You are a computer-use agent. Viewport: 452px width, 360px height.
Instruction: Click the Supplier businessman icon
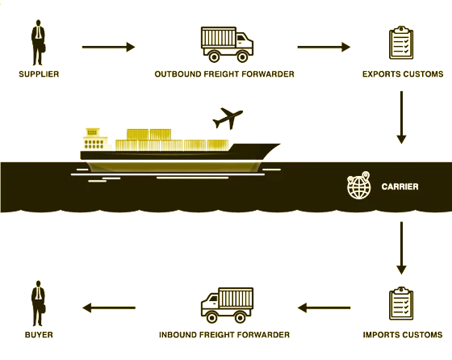pyautogui.click(x=38, y=43)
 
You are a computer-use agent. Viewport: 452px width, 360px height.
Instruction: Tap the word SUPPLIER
pyautogui.click(x=39, y=74)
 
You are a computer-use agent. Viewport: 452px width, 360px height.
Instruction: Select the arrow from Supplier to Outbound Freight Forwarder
pyautogui.click(x=108, y=47)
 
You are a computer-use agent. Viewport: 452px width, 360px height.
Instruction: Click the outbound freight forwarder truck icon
pyautogui.click(x=227, y=44)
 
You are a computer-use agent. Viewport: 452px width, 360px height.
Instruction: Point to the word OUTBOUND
pyautogui.click(x=178, y=74)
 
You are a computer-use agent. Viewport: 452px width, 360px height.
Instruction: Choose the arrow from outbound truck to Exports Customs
pyautogui.click(x=324, y=47)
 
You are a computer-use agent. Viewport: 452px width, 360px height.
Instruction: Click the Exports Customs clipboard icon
pyautogui.click(x=401, y=43)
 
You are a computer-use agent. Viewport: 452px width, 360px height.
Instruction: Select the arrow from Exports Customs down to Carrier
pyautogui.click(x=402, y=117)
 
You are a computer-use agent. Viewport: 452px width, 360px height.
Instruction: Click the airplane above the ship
pyautogui.click(x=228, y=118)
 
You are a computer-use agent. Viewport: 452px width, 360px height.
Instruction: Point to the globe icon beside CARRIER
pyautogui.click(x=358, y=186)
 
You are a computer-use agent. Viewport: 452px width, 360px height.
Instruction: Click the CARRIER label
pyautogui.click(x=400, y=186)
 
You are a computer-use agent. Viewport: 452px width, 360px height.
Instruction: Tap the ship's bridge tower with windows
pyautogui.click(x=95, y=139)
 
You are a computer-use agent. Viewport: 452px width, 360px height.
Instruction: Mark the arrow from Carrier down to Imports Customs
pyautogui.click(x=402, y=248)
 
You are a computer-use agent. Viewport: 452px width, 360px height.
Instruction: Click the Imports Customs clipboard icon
pyautogui.click(x=401, y=303)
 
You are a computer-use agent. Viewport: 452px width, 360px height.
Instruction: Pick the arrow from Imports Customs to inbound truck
pyautogui.click(x=324, y=308)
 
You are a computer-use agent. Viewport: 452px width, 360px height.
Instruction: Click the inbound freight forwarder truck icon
pyautogui.click(x=227, y=305)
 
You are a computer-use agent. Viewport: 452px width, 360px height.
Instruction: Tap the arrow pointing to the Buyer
pyautogui.click(x=109, y=308)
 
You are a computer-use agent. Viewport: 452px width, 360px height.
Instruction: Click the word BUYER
pyautogui.click(x=39, y=335)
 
